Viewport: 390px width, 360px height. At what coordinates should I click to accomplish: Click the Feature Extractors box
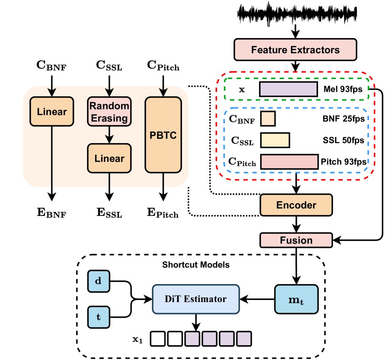[x=295, y=50]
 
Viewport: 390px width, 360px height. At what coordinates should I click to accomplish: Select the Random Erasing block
[x=109, y=112]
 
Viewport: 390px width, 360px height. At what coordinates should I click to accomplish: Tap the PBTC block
[x=163, y=135]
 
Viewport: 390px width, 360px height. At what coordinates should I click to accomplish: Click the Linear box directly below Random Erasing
[x=109, y=158]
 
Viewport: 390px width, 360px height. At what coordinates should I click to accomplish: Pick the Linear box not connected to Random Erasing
[x=52, y=112]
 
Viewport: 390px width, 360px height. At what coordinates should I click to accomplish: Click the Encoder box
[x=296, y=205]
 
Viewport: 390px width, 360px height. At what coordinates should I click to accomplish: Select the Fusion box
[x=296, y=240]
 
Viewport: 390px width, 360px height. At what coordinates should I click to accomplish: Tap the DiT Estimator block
[x=196, y=299]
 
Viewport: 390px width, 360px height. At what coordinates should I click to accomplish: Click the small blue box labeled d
[x=99, y=281]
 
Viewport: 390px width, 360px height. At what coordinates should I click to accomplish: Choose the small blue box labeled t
[x=99, y=317]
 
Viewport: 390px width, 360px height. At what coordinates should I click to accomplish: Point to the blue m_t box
[x=296, y=299]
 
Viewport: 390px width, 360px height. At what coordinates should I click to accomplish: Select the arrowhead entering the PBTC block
[x=163, y=93]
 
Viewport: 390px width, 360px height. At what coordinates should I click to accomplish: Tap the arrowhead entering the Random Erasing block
[x=109, y=93]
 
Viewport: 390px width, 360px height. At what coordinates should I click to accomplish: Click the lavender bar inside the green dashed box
[x=288, y=89]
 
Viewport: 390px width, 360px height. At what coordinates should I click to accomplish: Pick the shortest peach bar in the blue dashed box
[x=268, y=119]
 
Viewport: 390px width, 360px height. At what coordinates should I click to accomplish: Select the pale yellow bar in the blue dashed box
[x=275, y=140]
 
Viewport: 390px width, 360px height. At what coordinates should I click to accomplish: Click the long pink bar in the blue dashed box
[x=289, y=162]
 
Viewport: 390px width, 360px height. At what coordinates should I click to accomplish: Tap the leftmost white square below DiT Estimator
[x=158, y=338]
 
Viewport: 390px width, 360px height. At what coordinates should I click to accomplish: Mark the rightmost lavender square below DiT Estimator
[x=244, y=338]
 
